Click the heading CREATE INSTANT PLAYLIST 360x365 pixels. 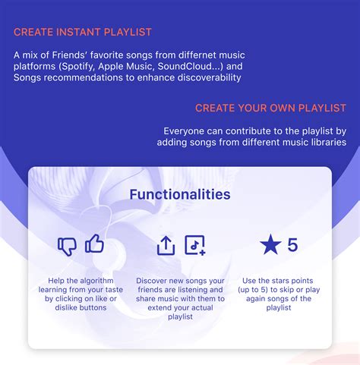click(x=83, y=32)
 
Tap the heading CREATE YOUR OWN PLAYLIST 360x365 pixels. click(x=271, y=108)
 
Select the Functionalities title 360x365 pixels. click(x=180, y=194)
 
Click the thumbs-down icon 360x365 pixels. click(x=68, y=246)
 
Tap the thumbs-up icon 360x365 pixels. click(x=94, y=244)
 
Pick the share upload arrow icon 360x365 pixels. click(x=166, y=245)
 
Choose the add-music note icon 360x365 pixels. click(x=195, y=245)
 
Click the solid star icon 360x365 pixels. click(x=270, y=245)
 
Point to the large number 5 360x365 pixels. click(x=292, y=245)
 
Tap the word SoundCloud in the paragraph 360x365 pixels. click(x=195, y=67)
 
